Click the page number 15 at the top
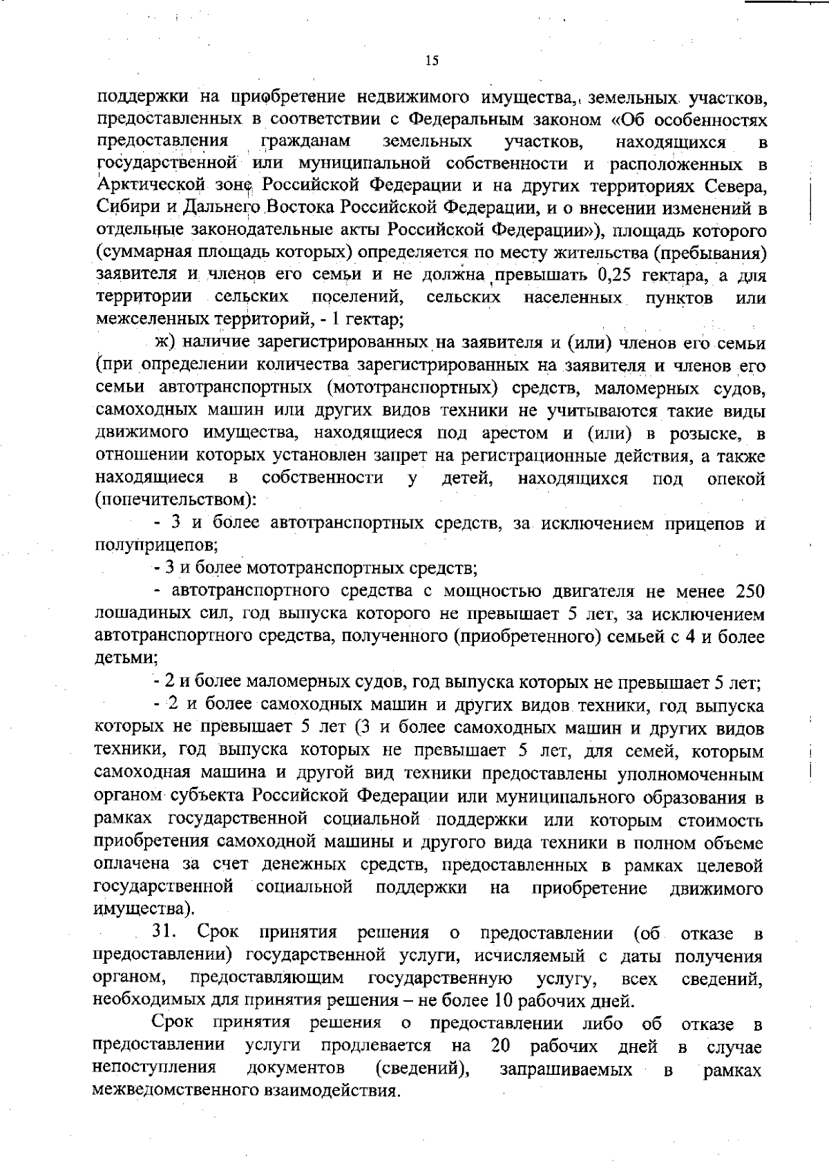432,61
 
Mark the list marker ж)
166,343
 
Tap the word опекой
736,479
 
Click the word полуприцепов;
156,546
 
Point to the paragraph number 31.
166,933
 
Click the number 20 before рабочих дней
501,1046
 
